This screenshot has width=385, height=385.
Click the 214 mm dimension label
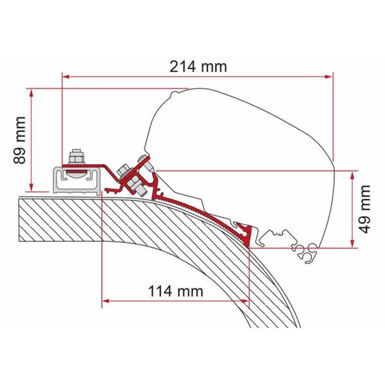[198, 67]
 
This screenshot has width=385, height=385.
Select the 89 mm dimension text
[20, 140]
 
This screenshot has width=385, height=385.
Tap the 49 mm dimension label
[364, 209]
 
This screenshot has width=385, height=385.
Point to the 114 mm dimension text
[176, 291]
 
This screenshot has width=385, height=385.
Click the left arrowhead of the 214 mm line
[66, 77]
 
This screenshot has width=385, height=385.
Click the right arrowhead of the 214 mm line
[329, 77]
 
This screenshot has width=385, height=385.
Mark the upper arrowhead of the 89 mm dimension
[31, 93]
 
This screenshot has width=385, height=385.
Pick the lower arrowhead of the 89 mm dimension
[31, 187]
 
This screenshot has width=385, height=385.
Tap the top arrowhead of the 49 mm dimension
[352, 175]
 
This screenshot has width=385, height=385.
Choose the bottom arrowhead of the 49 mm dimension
[352, 243]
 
